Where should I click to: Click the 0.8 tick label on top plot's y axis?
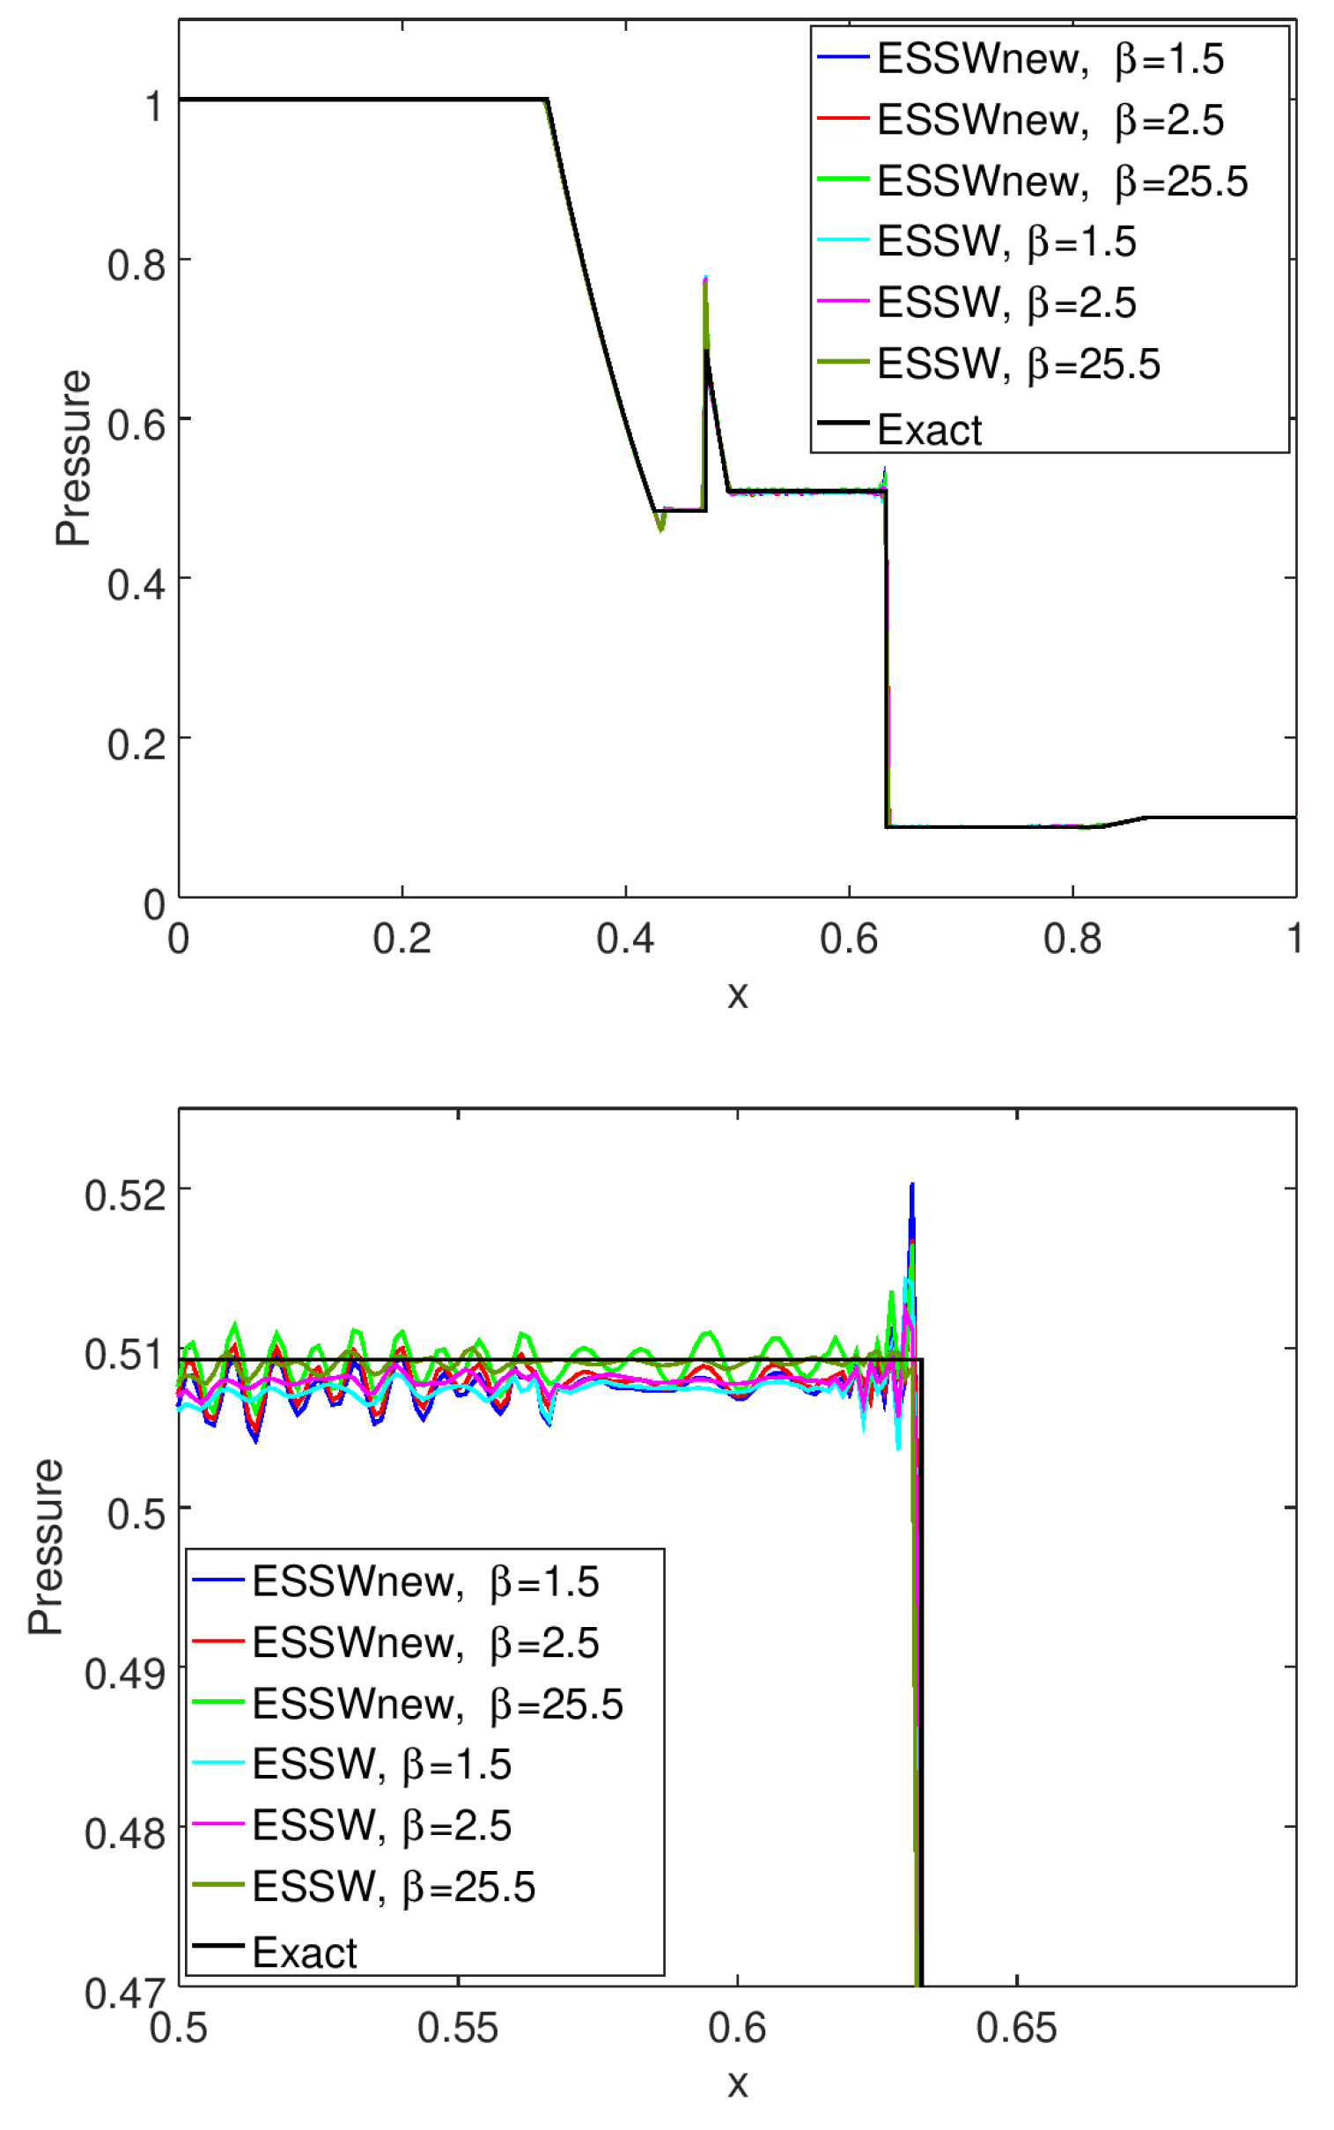point(136,264)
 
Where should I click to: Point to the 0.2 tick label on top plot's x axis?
point(402,939)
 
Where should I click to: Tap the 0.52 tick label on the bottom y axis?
point(124,1194)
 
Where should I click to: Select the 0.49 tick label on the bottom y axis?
point(124,1673)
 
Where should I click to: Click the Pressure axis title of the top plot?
point(72,458)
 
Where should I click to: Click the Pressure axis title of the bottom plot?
point(45,1546)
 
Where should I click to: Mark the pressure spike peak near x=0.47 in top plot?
point(706,279)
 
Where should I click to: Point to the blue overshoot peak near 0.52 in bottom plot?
point(911,1186)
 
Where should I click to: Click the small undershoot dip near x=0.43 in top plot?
point(660,529)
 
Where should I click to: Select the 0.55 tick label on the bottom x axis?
point(457,2028)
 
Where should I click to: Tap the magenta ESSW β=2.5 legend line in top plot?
point(843,302)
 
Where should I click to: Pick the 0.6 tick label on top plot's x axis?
point(848,939)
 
